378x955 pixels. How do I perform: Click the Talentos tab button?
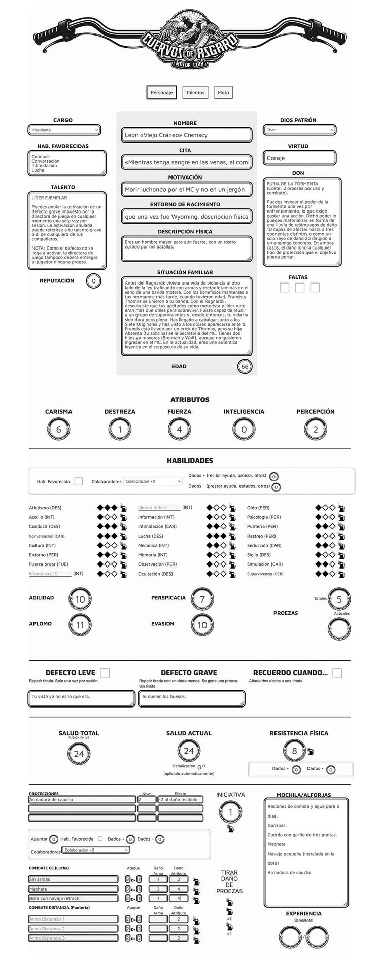click(195, 92)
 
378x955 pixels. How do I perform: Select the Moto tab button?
click(223, 92)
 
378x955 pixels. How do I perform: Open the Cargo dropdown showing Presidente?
click(64, 130)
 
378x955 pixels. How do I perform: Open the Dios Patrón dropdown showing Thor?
click(299, 130)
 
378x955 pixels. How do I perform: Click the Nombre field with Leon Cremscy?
click(186, 135)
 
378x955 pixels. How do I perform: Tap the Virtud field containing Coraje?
click(299, 158)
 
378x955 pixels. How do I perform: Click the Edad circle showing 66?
click(245, 367)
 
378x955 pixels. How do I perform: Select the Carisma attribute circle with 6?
click(58, 430)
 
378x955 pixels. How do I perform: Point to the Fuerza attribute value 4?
click(179, 430)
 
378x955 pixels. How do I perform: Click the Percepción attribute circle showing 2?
click(315, 430)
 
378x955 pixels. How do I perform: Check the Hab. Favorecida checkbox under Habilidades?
click(79, 481)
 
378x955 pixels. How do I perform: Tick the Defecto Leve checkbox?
click(105, 673)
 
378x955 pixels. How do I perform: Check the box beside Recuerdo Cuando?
click(337, 673)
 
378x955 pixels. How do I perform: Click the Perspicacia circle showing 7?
click(202, 599)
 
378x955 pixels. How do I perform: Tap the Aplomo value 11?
click(80, 625)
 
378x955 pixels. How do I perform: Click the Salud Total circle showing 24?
click(79, 754)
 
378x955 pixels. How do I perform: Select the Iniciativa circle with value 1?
click(230, 812)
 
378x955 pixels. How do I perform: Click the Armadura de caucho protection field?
click(82, 800)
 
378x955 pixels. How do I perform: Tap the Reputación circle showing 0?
click(93, 281)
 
